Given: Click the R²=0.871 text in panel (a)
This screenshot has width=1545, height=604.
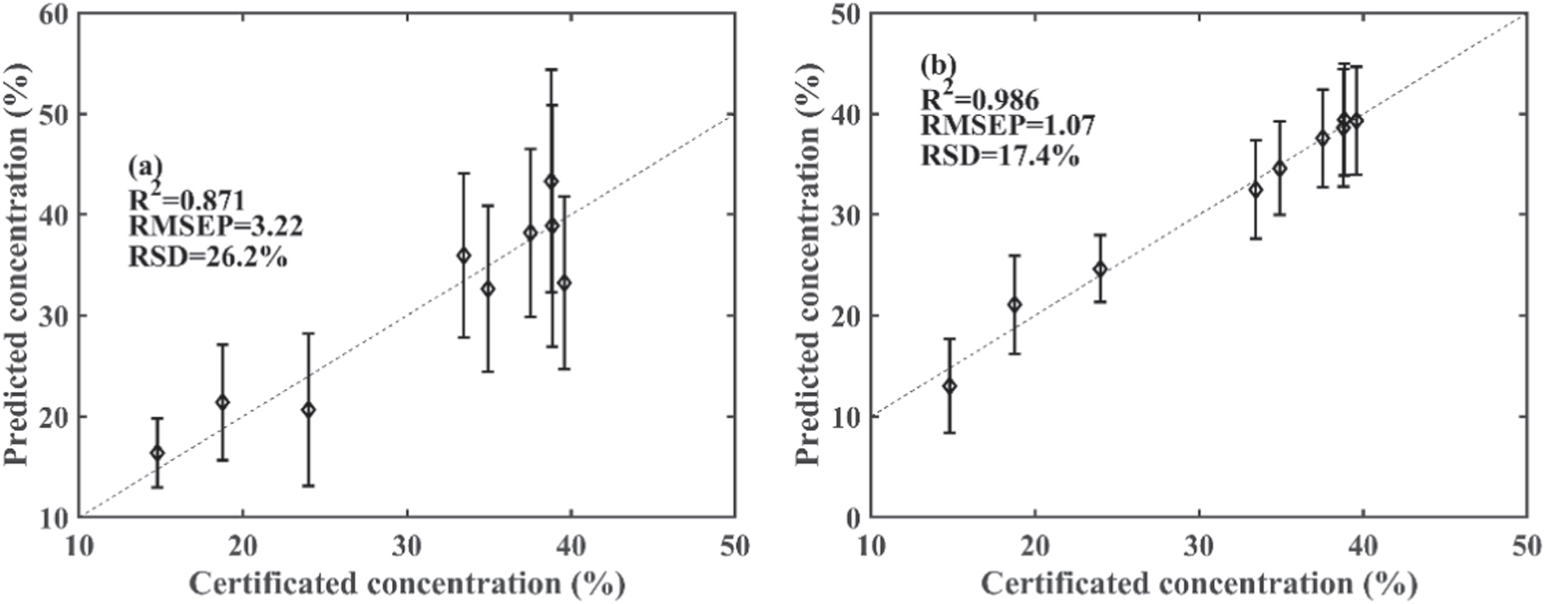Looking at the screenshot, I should click(187, 199).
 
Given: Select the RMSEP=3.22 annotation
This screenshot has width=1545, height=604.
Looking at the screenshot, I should click(216, 226).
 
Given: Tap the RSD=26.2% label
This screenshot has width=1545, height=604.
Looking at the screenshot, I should click(207, 255).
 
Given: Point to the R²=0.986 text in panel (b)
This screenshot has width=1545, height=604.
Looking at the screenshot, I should click(980, 98).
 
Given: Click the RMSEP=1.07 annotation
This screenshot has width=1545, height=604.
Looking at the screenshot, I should click(1008, 126).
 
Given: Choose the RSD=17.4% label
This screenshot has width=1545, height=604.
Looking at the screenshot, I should click(1000, 155).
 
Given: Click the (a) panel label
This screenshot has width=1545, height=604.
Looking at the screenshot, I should click(144, 167).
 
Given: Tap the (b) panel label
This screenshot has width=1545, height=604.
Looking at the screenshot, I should click(938, 65).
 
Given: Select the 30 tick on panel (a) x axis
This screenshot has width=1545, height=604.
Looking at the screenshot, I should click(407, 545).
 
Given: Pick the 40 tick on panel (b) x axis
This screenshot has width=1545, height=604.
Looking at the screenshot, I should click(1362, 545).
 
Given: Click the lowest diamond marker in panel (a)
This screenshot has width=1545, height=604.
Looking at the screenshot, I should click(157, 453).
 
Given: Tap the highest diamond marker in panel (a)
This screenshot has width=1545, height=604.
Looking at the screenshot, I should click(551, 181).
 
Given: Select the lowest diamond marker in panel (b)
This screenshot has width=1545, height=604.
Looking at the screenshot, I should click(949, 386).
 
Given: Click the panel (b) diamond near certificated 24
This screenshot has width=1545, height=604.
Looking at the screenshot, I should click(1100, 269).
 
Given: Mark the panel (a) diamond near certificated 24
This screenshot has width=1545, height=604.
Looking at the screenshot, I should click(308, 410).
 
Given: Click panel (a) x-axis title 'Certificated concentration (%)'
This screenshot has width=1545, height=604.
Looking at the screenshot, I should click(407, 584).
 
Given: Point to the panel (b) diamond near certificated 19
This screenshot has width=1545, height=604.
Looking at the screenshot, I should click(1014, 305).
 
